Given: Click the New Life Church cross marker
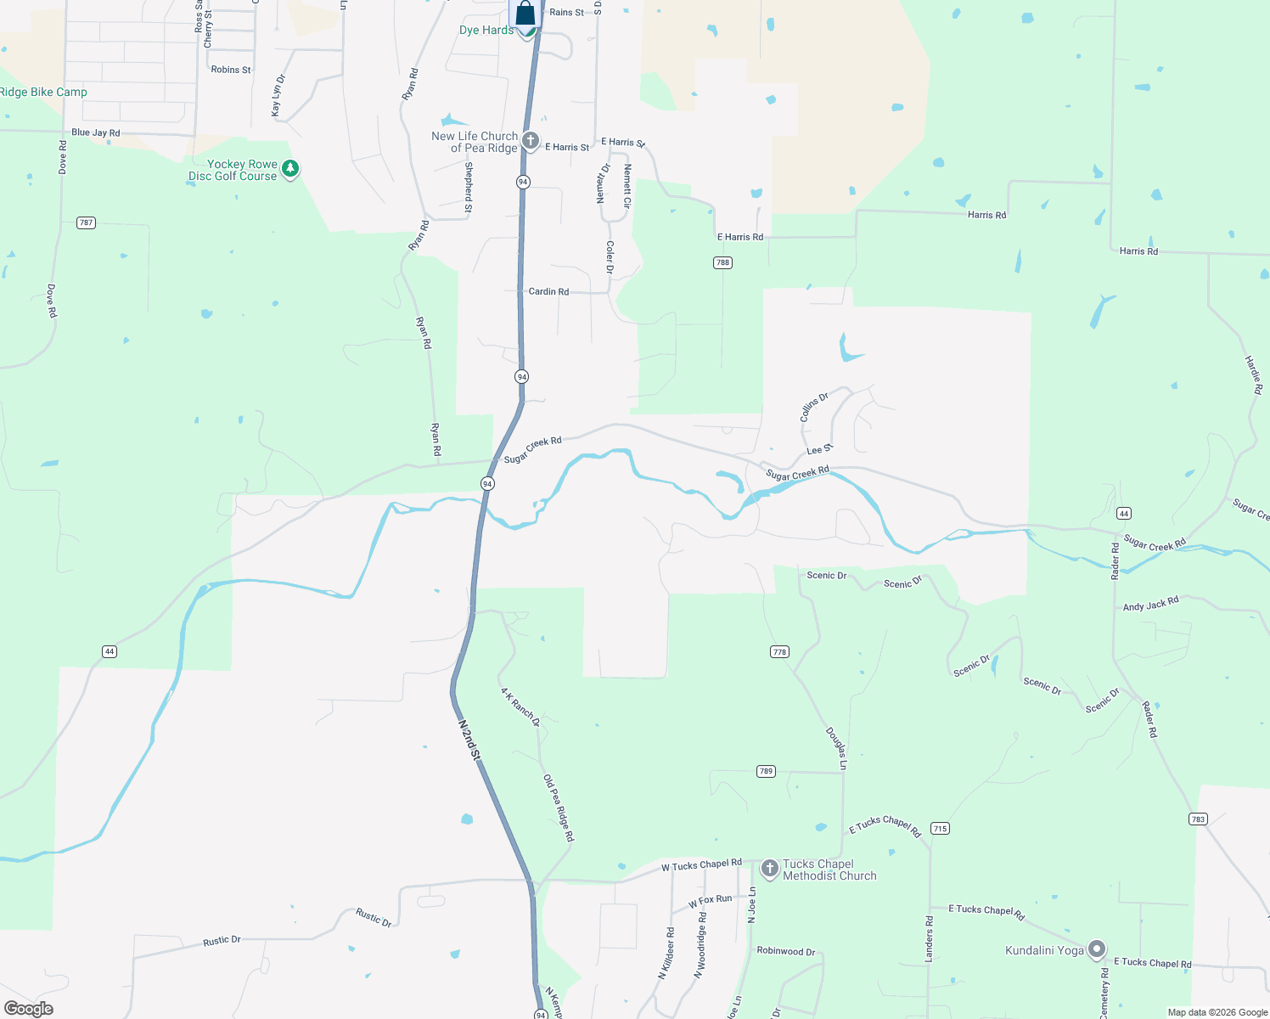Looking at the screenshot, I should click(531, 141).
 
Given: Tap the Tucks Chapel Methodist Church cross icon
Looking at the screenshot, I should click(769, 868).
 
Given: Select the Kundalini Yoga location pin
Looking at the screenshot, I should click(1097, 949).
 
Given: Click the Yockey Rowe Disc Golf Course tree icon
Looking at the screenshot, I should click(290, 169).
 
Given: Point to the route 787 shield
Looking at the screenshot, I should click(86, 222).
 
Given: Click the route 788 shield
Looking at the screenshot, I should click(722, 262).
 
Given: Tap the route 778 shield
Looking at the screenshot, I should click(779, 652).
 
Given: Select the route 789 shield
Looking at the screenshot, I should click(766, 771).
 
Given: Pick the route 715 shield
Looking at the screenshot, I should click(940, 828).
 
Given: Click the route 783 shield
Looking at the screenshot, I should click(1198, 819).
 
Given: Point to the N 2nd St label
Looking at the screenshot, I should click(469, 740).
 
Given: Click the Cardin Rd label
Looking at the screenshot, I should click(548, 291).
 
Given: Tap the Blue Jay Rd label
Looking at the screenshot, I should click(96, 132).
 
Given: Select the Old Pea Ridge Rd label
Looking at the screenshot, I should click(559, 808).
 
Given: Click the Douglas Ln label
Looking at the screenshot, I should click(836, 748).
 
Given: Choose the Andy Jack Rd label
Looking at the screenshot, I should click(1150, 604).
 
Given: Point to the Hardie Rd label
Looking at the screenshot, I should click(1254, 374).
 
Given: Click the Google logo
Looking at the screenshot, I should click(29, 1009).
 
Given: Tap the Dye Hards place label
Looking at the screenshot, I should click(486, 31).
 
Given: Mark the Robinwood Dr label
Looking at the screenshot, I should click(785, 951).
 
